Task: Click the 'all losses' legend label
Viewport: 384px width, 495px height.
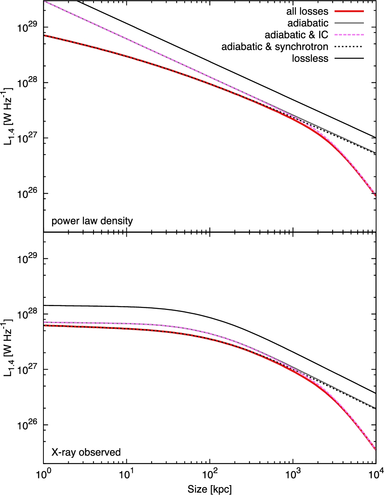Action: tap(307, 11)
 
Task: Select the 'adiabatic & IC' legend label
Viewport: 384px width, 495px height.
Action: tap(296, 35)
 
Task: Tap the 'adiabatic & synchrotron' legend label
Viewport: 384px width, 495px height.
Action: tap(275, 47)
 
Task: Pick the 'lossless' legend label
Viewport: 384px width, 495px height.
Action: tap(310, 58)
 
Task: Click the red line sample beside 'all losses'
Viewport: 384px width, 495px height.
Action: tap(348, 11)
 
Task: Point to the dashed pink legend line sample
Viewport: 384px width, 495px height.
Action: tap(348, 35)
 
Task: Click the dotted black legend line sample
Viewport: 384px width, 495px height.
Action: tap(348, 47)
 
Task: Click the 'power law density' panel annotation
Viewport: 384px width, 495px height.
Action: tap(92, 221)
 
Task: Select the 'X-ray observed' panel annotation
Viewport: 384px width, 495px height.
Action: tap(86, 452)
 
